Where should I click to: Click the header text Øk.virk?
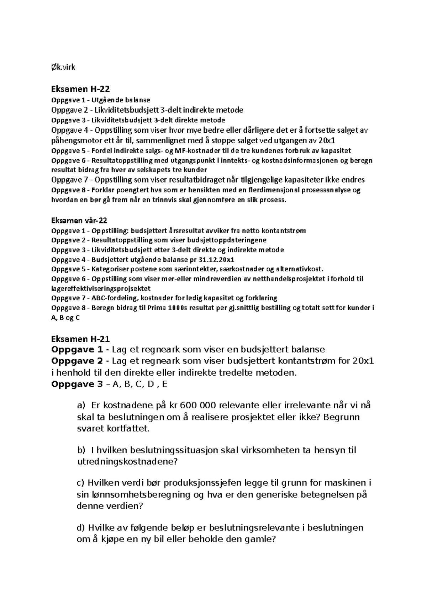coord(63,67)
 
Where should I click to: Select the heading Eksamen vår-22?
coord(79,221)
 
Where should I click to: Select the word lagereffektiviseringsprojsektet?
coord(101,288)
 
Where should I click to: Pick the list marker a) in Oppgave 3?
coord(81,405)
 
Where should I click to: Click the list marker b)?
coord(81,450)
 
